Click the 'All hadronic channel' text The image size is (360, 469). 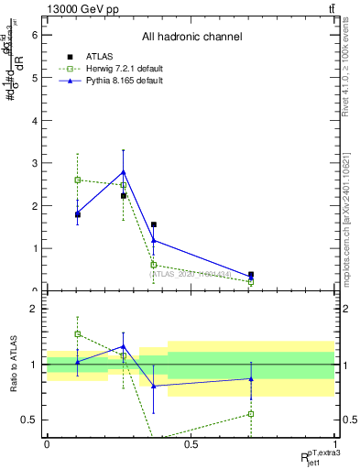point(191,38)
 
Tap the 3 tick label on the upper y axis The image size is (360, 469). point(35,163)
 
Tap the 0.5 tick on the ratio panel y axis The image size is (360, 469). point(30,420)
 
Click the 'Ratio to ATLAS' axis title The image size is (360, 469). point(13,365)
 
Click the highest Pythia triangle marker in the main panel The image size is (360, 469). point(123,171)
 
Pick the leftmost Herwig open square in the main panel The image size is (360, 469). point(78,180)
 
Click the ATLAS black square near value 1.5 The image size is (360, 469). point(153,224)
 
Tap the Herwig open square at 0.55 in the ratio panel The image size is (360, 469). point(251,414)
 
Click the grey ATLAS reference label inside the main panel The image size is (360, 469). point(190,273)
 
